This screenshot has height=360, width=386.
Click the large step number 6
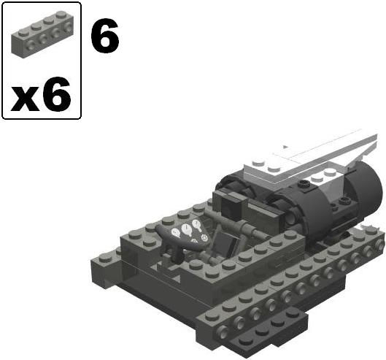point(105,36)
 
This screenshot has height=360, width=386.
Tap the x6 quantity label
point(41,94)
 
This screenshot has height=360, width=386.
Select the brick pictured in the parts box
point(42,34)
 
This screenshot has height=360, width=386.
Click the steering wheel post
point(178,253)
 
